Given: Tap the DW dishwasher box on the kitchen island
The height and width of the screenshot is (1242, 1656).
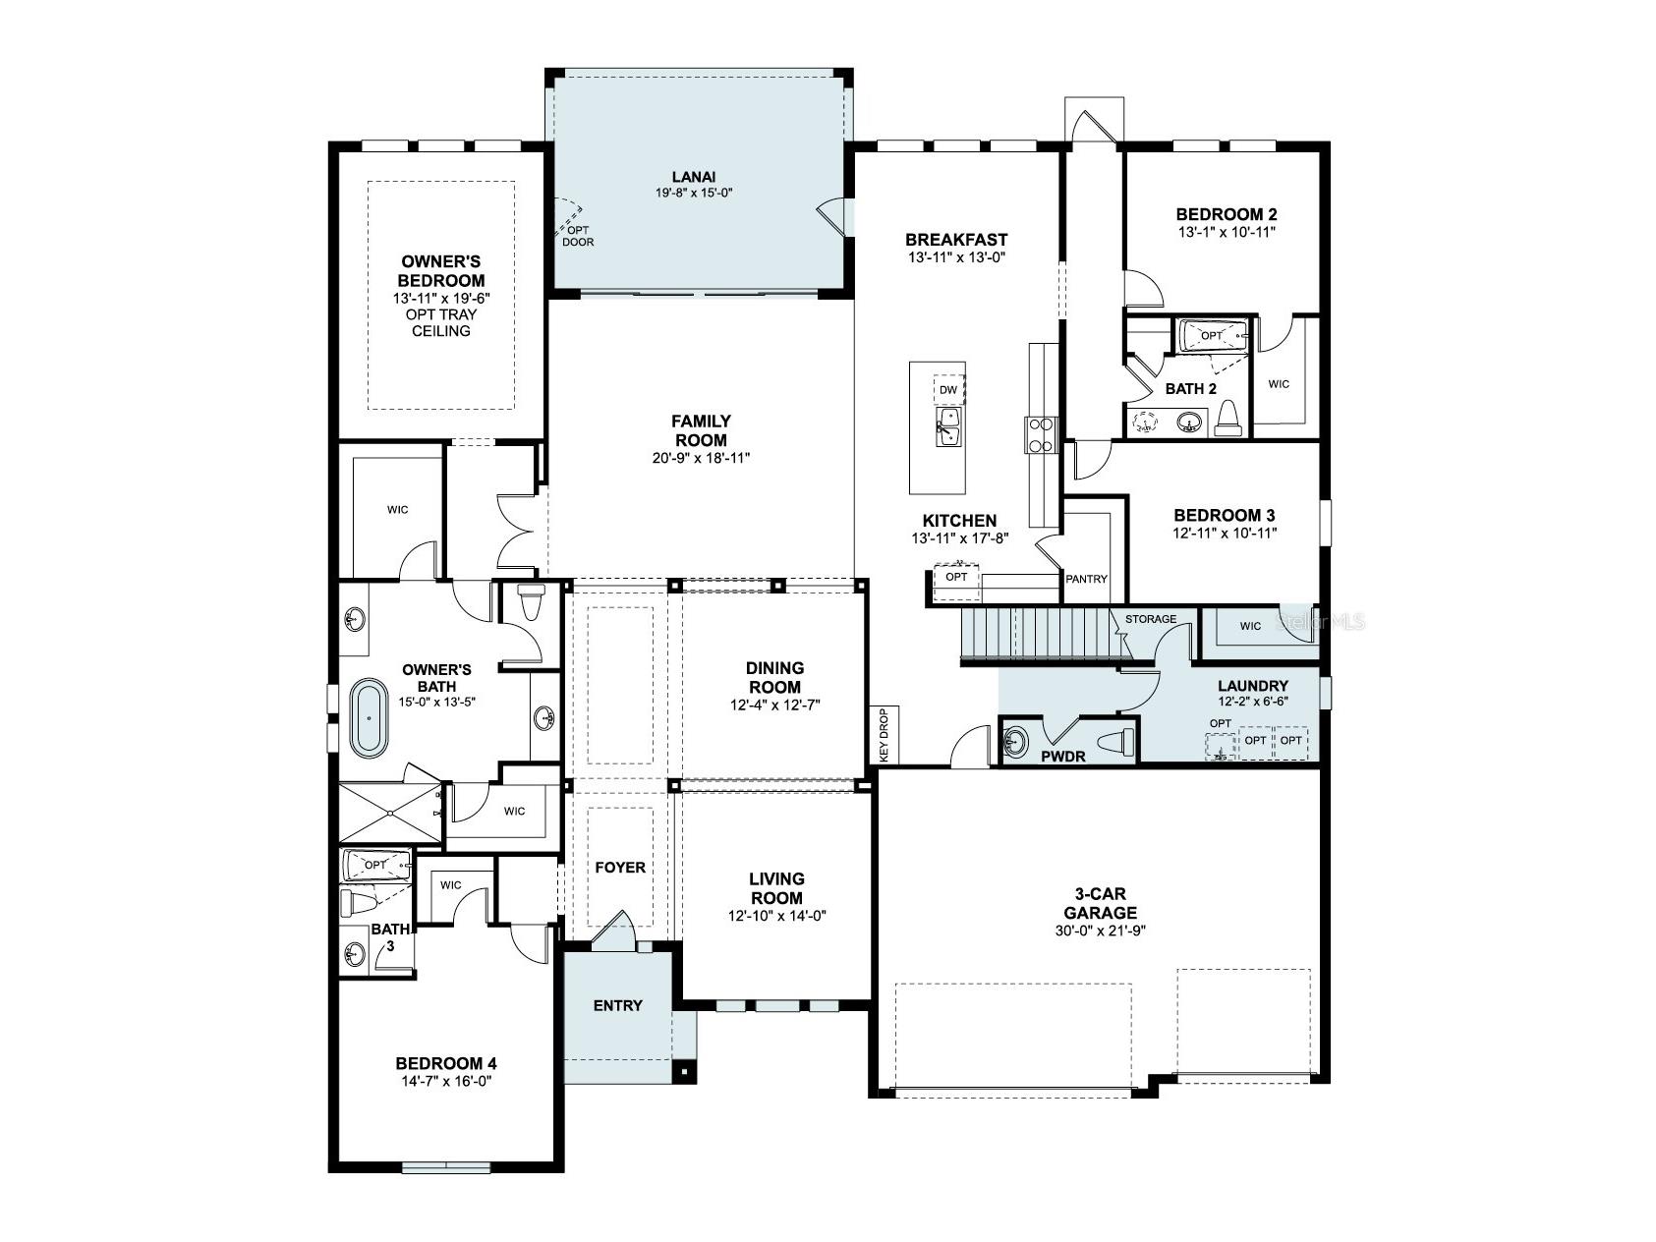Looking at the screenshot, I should [x=947, y=390].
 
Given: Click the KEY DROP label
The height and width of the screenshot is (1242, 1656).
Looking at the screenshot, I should [x=884, y=735].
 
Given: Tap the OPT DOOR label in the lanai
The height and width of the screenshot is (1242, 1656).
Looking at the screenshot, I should [x=578, y=236].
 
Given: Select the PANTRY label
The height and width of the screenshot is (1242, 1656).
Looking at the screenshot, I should [x=1086, y=579].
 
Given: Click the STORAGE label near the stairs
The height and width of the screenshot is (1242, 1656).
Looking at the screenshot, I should [x=1150, y=619].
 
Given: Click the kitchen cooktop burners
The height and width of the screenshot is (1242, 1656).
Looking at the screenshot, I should [x=1041, y=434].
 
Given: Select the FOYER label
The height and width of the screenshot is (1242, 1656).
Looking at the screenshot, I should [x=620, y=868].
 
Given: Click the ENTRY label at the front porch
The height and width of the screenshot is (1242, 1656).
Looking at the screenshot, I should [x=617, y=1005].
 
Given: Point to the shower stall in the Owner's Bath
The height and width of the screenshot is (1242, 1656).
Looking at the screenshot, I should [x=390, y=813].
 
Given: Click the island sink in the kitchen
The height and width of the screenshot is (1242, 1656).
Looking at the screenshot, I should [x=948, y=427].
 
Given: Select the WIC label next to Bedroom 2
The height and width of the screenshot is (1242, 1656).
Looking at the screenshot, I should [x=1278, y=384].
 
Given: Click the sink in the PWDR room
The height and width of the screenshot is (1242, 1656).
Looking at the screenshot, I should [x=1015, y=741].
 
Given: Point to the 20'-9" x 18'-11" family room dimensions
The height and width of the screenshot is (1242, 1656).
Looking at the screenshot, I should [x=700, y=458].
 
